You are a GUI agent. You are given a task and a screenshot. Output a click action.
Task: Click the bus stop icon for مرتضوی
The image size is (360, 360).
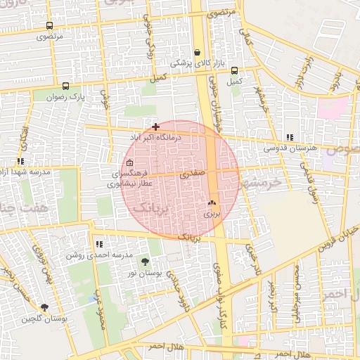click(x=49, y=26)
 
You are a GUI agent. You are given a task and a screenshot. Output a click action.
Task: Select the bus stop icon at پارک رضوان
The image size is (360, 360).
click(x=65, y=86)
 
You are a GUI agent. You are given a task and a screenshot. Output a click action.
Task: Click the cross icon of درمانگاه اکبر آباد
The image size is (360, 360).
click(x=155, y=127)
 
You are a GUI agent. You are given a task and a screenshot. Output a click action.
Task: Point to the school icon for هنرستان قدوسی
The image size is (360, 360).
click(x=289, y=138)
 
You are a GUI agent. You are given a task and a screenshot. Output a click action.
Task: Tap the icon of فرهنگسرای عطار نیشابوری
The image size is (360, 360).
click(x=129, y=163)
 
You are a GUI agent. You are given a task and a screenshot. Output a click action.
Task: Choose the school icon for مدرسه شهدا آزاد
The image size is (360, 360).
click(x=20, y=162)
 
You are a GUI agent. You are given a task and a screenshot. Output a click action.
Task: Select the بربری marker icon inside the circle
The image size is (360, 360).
click(x=212, y=202)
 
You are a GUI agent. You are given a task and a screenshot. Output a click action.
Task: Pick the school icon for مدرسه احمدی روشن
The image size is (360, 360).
click(x=98, y=244)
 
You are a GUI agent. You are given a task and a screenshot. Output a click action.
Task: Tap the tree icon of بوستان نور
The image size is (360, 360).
click(x=145, y=261)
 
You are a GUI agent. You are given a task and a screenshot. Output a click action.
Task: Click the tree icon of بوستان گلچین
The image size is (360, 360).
click(x=45, y=307)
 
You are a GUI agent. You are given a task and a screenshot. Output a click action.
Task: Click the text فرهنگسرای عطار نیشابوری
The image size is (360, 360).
click(x=128, y=179)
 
